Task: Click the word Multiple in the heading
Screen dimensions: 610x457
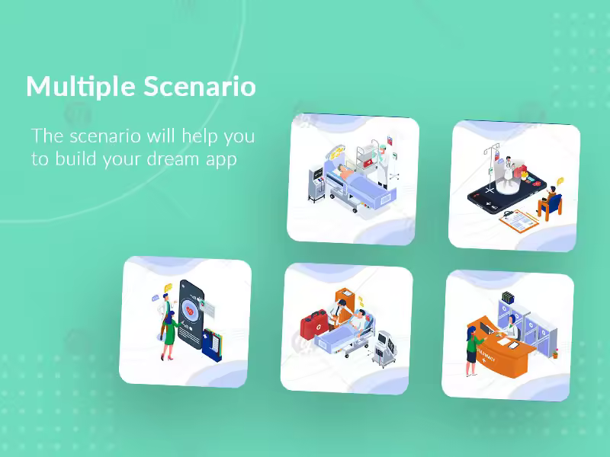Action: [x=81, y=86]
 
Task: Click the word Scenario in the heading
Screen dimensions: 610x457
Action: [x=200, y=86]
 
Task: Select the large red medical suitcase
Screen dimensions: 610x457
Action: [x=314, y=324]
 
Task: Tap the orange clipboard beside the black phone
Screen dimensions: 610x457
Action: [x=519, y=221]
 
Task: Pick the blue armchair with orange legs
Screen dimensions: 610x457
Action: [x=552, y=206]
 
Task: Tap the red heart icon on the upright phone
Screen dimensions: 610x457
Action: [x=190, y=311]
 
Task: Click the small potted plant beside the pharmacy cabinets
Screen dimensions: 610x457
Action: [x=555, y=353]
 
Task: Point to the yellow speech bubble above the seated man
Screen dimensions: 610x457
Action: [x=560, y=181]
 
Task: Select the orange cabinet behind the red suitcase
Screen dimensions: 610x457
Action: [x=345, y=305]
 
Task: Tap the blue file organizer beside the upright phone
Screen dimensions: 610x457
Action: [x=213, y=345]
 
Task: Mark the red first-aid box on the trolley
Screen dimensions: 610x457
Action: [x=368, y=164]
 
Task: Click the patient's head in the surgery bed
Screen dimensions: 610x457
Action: [x=341, y=168]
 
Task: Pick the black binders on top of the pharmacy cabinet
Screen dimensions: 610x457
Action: [x=508, y=297]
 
